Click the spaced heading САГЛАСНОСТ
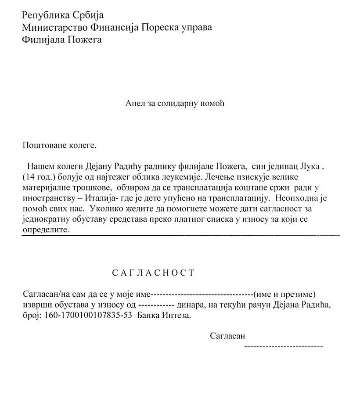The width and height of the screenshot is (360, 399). click(153, 273)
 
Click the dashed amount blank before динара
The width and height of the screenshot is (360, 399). click(156, 305)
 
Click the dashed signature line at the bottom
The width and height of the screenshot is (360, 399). click(283, 346)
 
